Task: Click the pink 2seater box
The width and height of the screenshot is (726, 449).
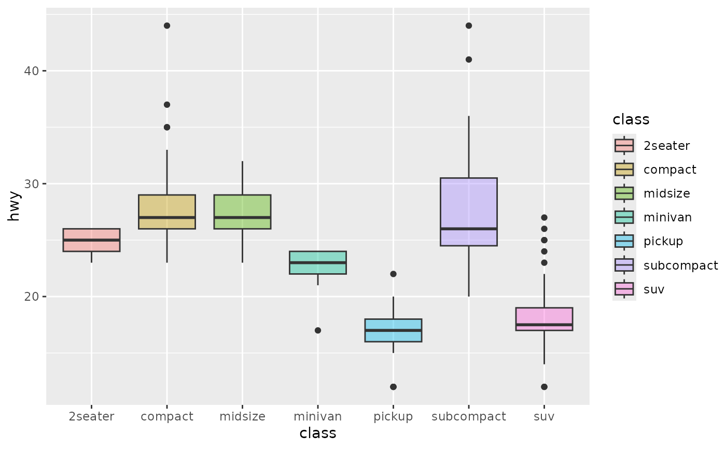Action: tap(91, 240)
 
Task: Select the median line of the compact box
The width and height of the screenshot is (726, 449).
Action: tap(167, 217)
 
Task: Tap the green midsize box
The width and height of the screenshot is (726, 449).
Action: tap(243, 212)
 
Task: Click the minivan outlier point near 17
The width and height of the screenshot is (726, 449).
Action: tap(318, 330)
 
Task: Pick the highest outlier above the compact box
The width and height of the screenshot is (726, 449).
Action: tap(167, 25)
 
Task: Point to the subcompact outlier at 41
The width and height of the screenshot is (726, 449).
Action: tap(469, 60)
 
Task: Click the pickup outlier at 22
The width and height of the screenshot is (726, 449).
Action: tap(393, 274)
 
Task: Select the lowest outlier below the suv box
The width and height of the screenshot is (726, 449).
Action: tap(544, 387)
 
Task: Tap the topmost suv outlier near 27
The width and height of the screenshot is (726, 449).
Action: tap(544, 217)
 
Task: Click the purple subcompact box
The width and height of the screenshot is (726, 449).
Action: tap(469, 212)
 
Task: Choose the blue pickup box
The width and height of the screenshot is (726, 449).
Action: tap(393, 330)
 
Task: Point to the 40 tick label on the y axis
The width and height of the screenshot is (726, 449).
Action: tap(31, 71)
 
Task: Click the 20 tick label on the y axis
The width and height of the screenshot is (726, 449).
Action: tap(31, 297)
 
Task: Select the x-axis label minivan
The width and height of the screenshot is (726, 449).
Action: tap(317, 416)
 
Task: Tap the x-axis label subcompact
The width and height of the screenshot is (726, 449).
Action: tap(469, 417)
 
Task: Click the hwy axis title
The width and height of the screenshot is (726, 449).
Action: tap(13, 206)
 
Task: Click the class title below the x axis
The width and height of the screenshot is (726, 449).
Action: tap(317, 433)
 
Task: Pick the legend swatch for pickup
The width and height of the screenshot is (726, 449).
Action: tap(624, 241)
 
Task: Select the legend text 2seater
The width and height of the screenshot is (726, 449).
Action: tap(667, 146)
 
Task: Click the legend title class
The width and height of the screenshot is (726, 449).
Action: tap(631, 120)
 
